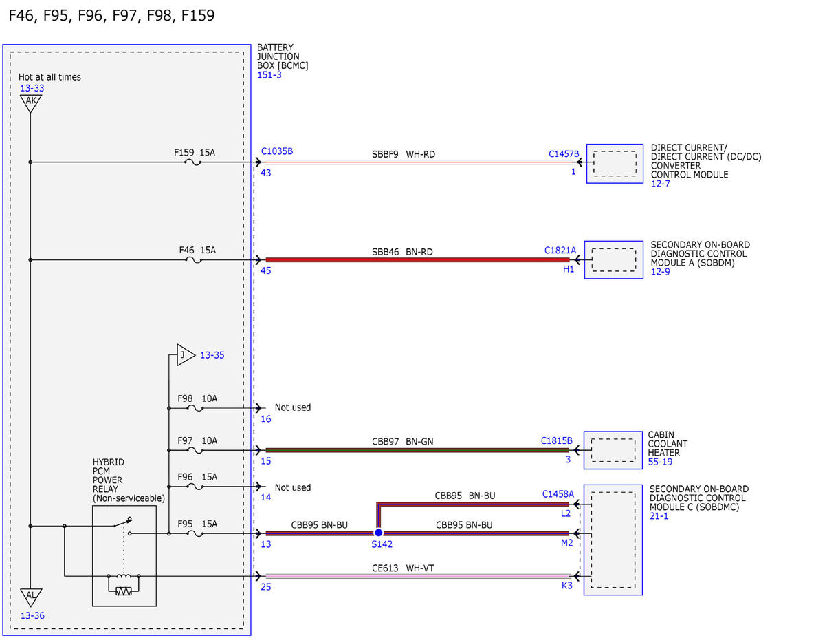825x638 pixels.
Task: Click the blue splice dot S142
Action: click(x=379, y=533)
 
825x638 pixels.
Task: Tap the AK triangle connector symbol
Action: click(x=31, y=103)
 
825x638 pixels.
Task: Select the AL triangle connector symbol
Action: click(x=31, y=597)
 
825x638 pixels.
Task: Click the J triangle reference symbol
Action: click(x=186, y=355)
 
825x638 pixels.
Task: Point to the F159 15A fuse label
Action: click(x=195, y=152)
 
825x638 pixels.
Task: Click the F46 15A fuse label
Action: click(x=197, y=250)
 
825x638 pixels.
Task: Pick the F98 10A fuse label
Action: click(x=197, y=398)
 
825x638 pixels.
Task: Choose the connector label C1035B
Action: click(x=277, y=151)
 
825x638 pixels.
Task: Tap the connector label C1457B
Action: click(x=564, y=154)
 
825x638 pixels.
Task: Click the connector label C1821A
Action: click(x=560, y=251)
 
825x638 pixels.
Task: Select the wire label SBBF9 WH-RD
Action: click(x=404, y=154)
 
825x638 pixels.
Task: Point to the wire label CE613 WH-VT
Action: click(x=403, y=568)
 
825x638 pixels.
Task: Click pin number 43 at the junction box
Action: click(x=266, y=173)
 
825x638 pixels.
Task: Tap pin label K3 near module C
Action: click(x=566, y=586)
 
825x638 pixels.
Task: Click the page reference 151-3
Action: click(x=269, y=75)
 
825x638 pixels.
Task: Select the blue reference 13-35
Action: click(x=212, y=355)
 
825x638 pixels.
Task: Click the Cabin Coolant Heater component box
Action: click(x=613, y=450)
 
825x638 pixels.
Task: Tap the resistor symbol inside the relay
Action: click(x=123, y=591)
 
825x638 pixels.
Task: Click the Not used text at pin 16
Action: click(x=293, y=407)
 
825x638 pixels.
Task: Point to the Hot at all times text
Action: click(x=49, y=77)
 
